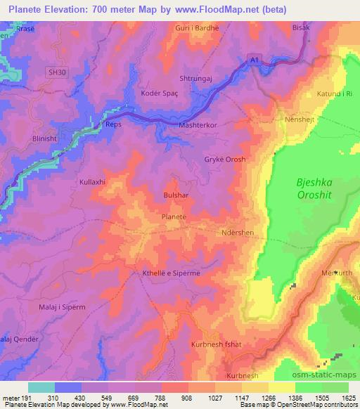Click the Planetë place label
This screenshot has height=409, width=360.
click(x=174, y=218)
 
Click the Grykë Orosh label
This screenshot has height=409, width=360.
click(x=225, y=160)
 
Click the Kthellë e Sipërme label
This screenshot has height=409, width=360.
click(x=176, y=273)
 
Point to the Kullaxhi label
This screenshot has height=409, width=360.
click(x=92, y=181)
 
